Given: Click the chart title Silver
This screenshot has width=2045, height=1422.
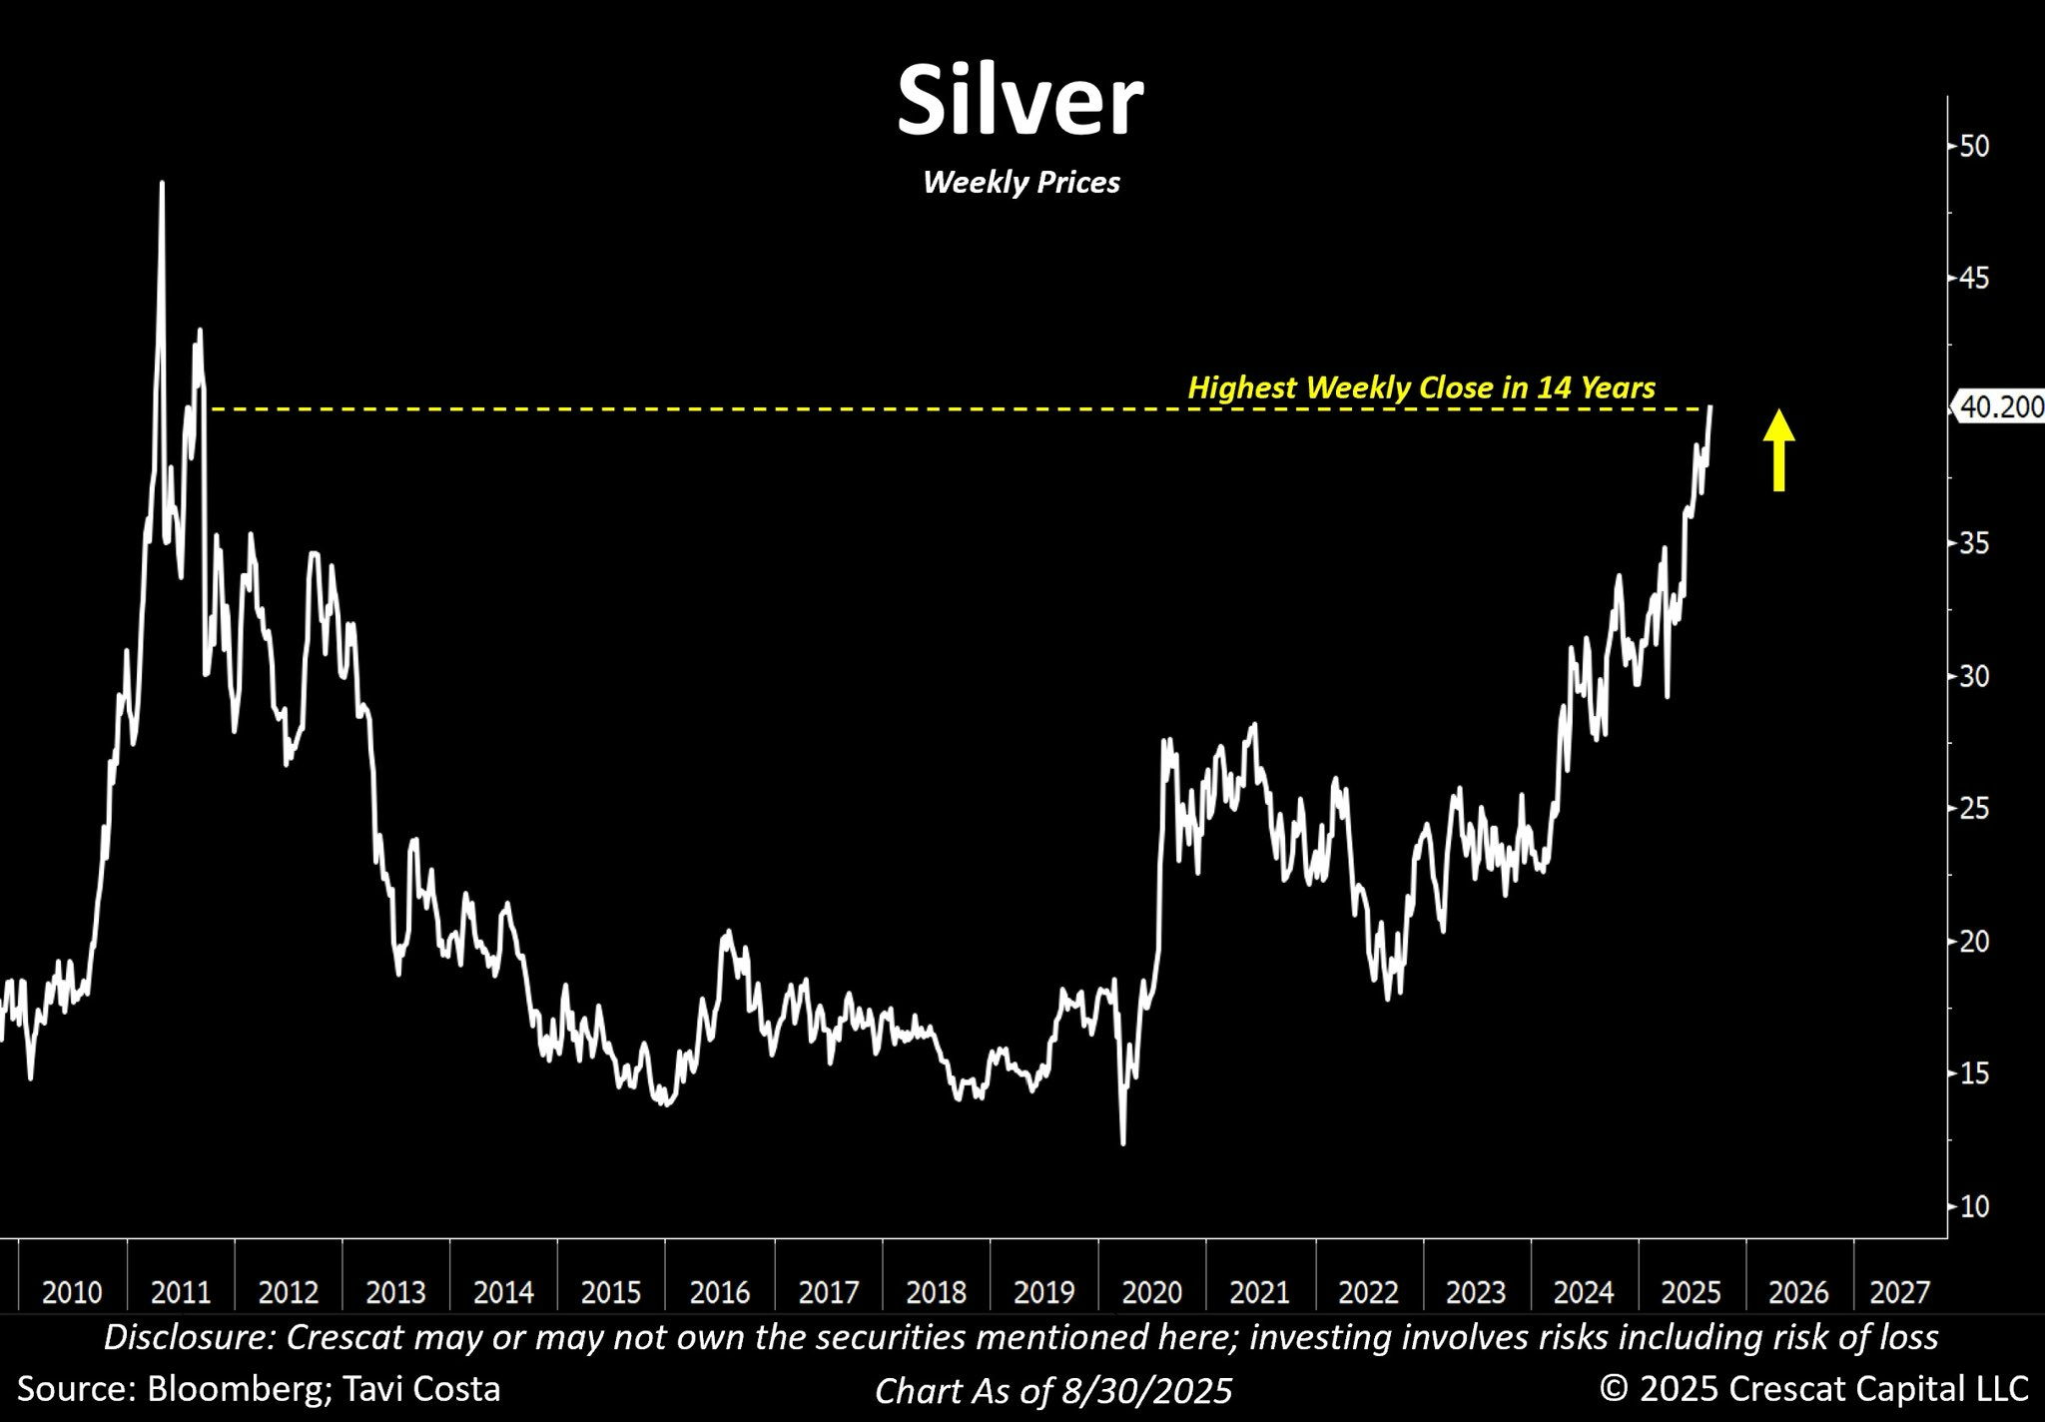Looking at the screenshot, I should pyautogui.click(x=1020, y=101).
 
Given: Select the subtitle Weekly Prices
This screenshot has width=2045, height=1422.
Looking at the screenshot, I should pyautogui.click(x=1021, y=183).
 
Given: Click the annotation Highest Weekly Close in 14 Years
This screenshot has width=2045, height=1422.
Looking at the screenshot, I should pyautogui.click(x=1421, y=387).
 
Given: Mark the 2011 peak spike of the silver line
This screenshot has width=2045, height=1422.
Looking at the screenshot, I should pyautogui.click(x=162, y=186).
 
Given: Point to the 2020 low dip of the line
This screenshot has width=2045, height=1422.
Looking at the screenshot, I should pyautogui.click(x=1123, y=1141).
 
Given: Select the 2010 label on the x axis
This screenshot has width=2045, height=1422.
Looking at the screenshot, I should pyautogui.click(x=72, y=1292).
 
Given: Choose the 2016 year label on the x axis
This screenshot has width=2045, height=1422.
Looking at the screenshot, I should pyautogui.click(x=720, y=1292).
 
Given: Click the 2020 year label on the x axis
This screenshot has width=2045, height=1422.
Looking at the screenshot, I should pyautogui.click(x=1151, y=1292).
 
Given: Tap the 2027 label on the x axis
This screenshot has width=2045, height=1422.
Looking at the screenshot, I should pyautogui.click(x=1899, y=1292).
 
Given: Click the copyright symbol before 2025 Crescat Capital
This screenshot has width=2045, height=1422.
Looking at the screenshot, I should pyautogui.click(x=1613, y=1389).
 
